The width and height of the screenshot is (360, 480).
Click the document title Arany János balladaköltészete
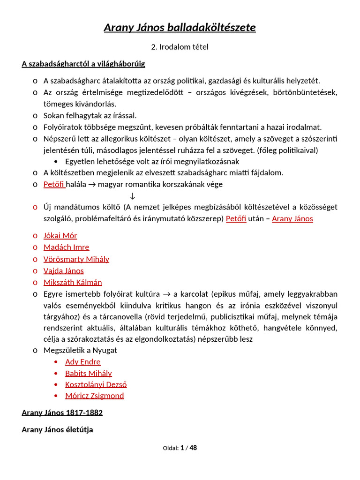click(180, 28)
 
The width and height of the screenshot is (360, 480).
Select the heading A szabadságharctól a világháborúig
click(83, 64)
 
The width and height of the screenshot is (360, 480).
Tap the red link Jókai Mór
click(60, 235)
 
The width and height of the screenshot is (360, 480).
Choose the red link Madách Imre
click(66, 247)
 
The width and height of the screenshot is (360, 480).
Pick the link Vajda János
click(63, 270)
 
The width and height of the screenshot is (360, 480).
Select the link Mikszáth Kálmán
click(73, 282)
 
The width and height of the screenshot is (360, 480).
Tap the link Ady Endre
click(82, 361)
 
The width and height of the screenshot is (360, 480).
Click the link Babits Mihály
click(89, 373)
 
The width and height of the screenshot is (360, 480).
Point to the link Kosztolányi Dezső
click(96, 384)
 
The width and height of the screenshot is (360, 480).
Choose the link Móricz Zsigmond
click(95, 396)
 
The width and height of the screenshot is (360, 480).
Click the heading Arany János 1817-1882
click(62, 413)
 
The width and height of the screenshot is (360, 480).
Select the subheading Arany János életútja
click(57, 429)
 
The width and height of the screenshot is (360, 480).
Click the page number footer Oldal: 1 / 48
click(180, 448)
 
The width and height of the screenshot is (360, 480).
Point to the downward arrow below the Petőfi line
click(133, 195)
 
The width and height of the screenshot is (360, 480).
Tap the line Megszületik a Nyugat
click(80, 350)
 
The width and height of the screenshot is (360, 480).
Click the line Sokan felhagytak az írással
click(90, 115)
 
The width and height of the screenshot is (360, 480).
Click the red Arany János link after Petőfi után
click(292, 218)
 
